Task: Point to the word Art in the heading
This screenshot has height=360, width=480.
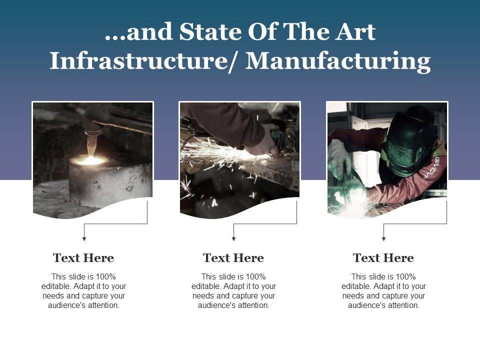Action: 355,31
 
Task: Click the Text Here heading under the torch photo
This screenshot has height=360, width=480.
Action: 83,258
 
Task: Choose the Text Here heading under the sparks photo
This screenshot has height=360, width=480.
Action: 233,258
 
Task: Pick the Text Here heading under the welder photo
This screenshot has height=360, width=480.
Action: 383,258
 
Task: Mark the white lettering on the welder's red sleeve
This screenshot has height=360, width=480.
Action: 431,168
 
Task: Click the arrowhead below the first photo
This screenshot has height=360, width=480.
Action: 84,239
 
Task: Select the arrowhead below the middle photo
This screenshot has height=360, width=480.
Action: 233,239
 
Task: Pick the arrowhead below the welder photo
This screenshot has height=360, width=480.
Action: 383,239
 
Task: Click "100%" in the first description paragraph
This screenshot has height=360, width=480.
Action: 106,276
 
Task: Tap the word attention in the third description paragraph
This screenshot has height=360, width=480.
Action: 405,305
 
